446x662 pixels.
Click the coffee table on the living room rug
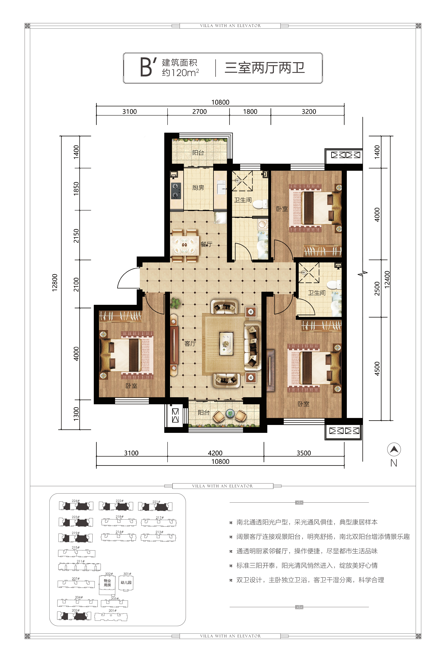(x=226, y=344)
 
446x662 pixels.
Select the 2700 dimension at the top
(x=199, y=111)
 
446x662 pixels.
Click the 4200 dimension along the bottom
(x=215, y=453)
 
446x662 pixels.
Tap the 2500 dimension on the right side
(x=377, y=289)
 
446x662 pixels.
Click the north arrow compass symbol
(x=394, y=450)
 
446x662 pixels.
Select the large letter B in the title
(x=146, y=67)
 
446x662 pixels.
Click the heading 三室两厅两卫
(x=265, y=68)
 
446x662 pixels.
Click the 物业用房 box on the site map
(x=107, y=583)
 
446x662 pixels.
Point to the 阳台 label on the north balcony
(x=198, y=153)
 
